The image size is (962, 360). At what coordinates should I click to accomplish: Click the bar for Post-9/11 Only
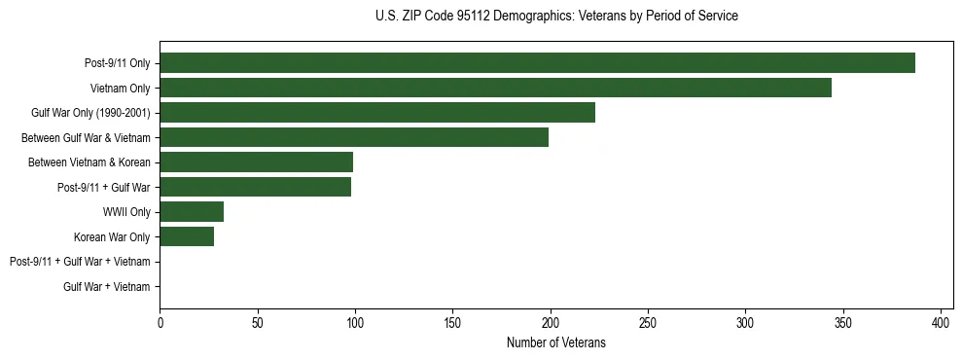[537, 63]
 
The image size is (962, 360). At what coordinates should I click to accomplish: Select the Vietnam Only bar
[495, 88]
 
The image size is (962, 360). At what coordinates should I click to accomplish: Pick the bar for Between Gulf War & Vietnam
[354, 137]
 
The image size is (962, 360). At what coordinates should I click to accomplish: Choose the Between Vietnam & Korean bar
[256, 162]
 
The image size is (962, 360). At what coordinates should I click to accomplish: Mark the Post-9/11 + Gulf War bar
[255, 187]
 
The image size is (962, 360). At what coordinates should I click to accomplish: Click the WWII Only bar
[192, 212]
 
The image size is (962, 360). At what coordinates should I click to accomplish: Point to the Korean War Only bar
[187, 236]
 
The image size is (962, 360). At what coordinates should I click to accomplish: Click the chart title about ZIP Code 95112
[556, 17]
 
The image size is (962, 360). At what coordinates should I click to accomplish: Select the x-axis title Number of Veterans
[556, 342]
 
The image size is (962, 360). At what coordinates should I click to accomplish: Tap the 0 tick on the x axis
[160, 323]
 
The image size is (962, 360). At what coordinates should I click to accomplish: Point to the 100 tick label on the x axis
[355, 323]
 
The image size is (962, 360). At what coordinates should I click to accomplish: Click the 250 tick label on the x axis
[648, 323]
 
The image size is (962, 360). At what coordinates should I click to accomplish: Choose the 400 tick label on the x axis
[941, 323]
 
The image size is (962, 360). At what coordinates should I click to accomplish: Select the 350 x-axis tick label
[843, 323]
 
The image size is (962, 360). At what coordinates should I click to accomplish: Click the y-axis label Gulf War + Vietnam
[107, 287]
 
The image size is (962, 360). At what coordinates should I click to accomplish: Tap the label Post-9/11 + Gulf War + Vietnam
[80, 262]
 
